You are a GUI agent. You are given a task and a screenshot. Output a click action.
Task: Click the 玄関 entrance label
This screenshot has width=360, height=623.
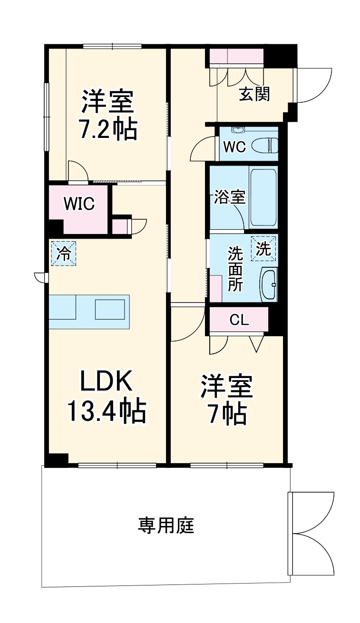[x=254, y=94]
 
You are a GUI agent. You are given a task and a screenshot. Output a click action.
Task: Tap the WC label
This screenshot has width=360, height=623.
[x=234, y=147]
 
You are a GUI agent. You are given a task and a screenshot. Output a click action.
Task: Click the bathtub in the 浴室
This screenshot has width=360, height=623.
[x=263, y=198]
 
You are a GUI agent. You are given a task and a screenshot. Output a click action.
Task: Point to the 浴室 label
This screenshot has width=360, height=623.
[x=230, y=197]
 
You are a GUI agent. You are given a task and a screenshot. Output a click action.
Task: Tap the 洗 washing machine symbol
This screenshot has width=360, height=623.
[x=264, y=249]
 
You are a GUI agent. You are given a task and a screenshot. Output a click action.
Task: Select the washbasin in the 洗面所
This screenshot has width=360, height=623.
[x=269, y=284]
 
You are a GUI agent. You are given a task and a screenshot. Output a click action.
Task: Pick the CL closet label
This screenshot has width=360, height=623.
[x=239, y=320]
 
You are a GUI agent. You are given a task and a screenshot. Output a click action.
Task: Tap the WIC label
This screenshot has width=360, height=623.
[x=79, y=204]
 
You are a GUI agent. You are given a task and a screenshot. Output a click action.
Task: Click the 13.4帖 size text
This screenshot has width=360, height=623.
[x=106, y=411]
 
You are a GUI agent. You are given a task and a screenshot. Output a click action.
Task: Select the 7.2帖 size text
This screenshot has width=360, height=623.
[x=108, y=129]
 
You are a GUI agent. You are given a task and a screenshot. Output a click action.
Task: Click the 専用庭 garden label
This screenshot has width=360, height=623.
[x=166, y=526]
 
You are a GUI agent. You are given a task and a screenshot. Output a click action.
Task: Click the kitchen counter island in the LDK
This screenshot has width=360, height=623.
[x=89, y=311]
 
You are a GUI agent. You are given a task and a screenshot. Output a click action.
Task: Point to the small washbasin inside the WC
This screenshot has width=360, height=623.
[x=237, y=130]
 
